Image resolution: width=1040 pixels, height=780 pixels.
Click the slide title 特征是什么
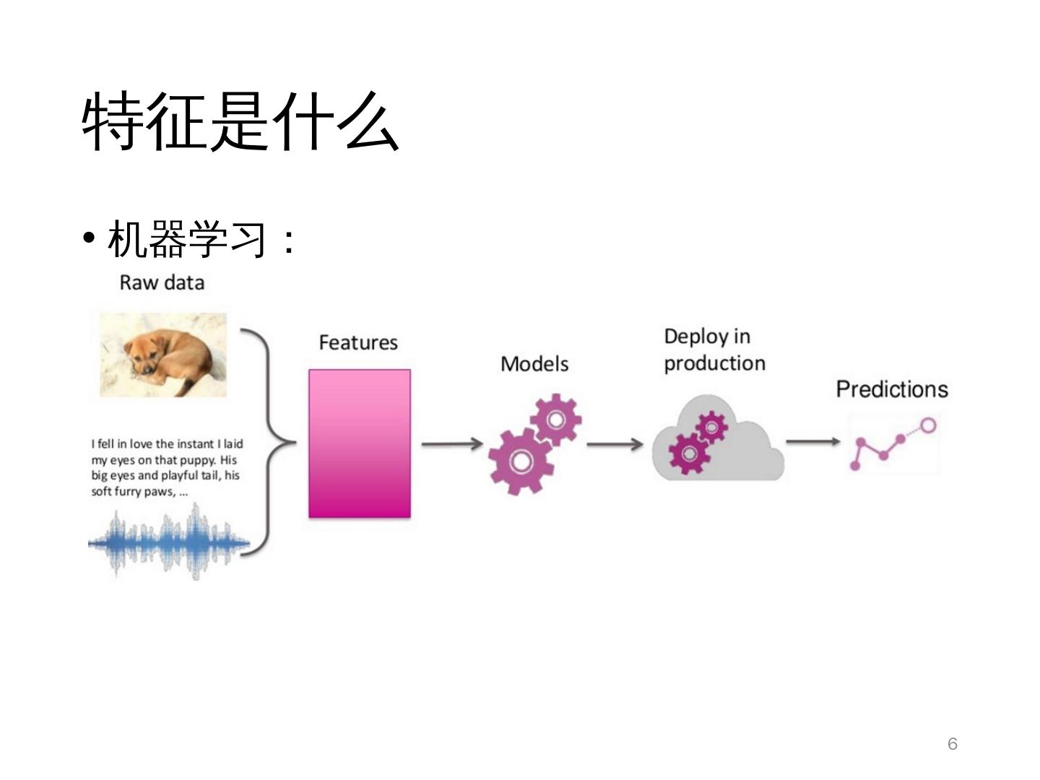click(240, 121)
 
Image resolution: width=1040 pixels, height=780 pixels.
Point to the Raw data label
click(162, 282)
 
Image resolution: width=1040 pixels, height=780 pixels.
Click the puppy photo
click(163, 355)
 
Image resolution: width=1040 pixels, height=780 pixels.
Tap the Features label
click(358, 342)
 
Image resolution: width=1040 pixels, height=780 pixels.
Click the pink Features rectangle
click(359, 443)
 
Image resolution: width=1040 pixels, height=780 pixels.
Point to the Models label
click(534, 364)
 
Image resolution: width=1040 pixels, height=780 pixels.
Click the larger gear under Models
click(519, 461)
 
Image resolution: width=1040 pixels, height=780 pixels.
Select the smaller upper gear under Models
click(556, 419)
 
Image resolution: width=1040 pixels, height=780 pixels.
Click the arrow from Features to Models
click(452, 443)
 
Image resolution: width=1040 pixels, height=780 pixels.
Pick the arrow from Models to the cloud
click(615, 443)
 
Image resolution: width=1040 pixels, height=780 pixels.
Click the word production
click(714, 363)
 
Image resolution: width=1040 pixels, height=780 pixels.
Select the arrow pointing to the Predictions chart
click(813, 441)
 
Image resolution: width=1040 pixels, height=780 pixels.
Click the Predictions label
click(892, 389)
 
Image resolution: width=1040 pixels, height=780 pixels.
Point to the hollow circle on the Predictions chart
click(928, 425)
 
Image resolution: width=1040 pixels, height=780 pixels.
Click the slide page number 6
click(952, 744)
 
